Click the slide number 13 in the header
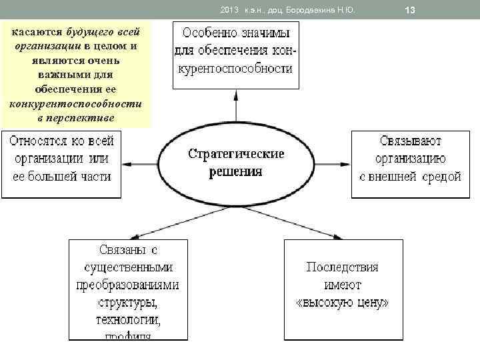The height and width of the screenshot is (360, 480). (x=410, y=9)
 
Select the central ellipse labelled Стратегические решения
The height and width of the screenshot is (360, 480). (x=236, y=163)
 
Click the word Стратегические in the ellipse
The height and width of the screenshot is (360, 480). (x=236, y=154)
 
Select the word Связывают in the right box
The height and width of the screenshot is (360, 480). (x=411, y=141)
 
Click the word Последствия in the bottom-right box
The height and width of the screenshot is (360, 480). (x=342, y=267)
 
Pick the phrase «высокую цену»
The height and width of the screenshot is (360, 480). (x=342, y=303)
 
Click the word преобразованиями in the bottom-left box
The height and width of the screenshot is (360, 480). (x=128, y=285)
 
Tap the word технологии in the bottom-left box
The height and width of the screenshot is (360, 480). (x=128, y=321)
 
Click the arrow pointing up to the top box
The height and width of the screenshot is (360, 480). (x=235, y=107)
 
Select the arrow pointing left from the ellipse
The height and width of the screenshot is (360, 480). (x=139, y=163)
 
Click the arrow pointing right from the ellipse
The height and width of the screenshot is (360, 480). (x=333, y=163)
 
